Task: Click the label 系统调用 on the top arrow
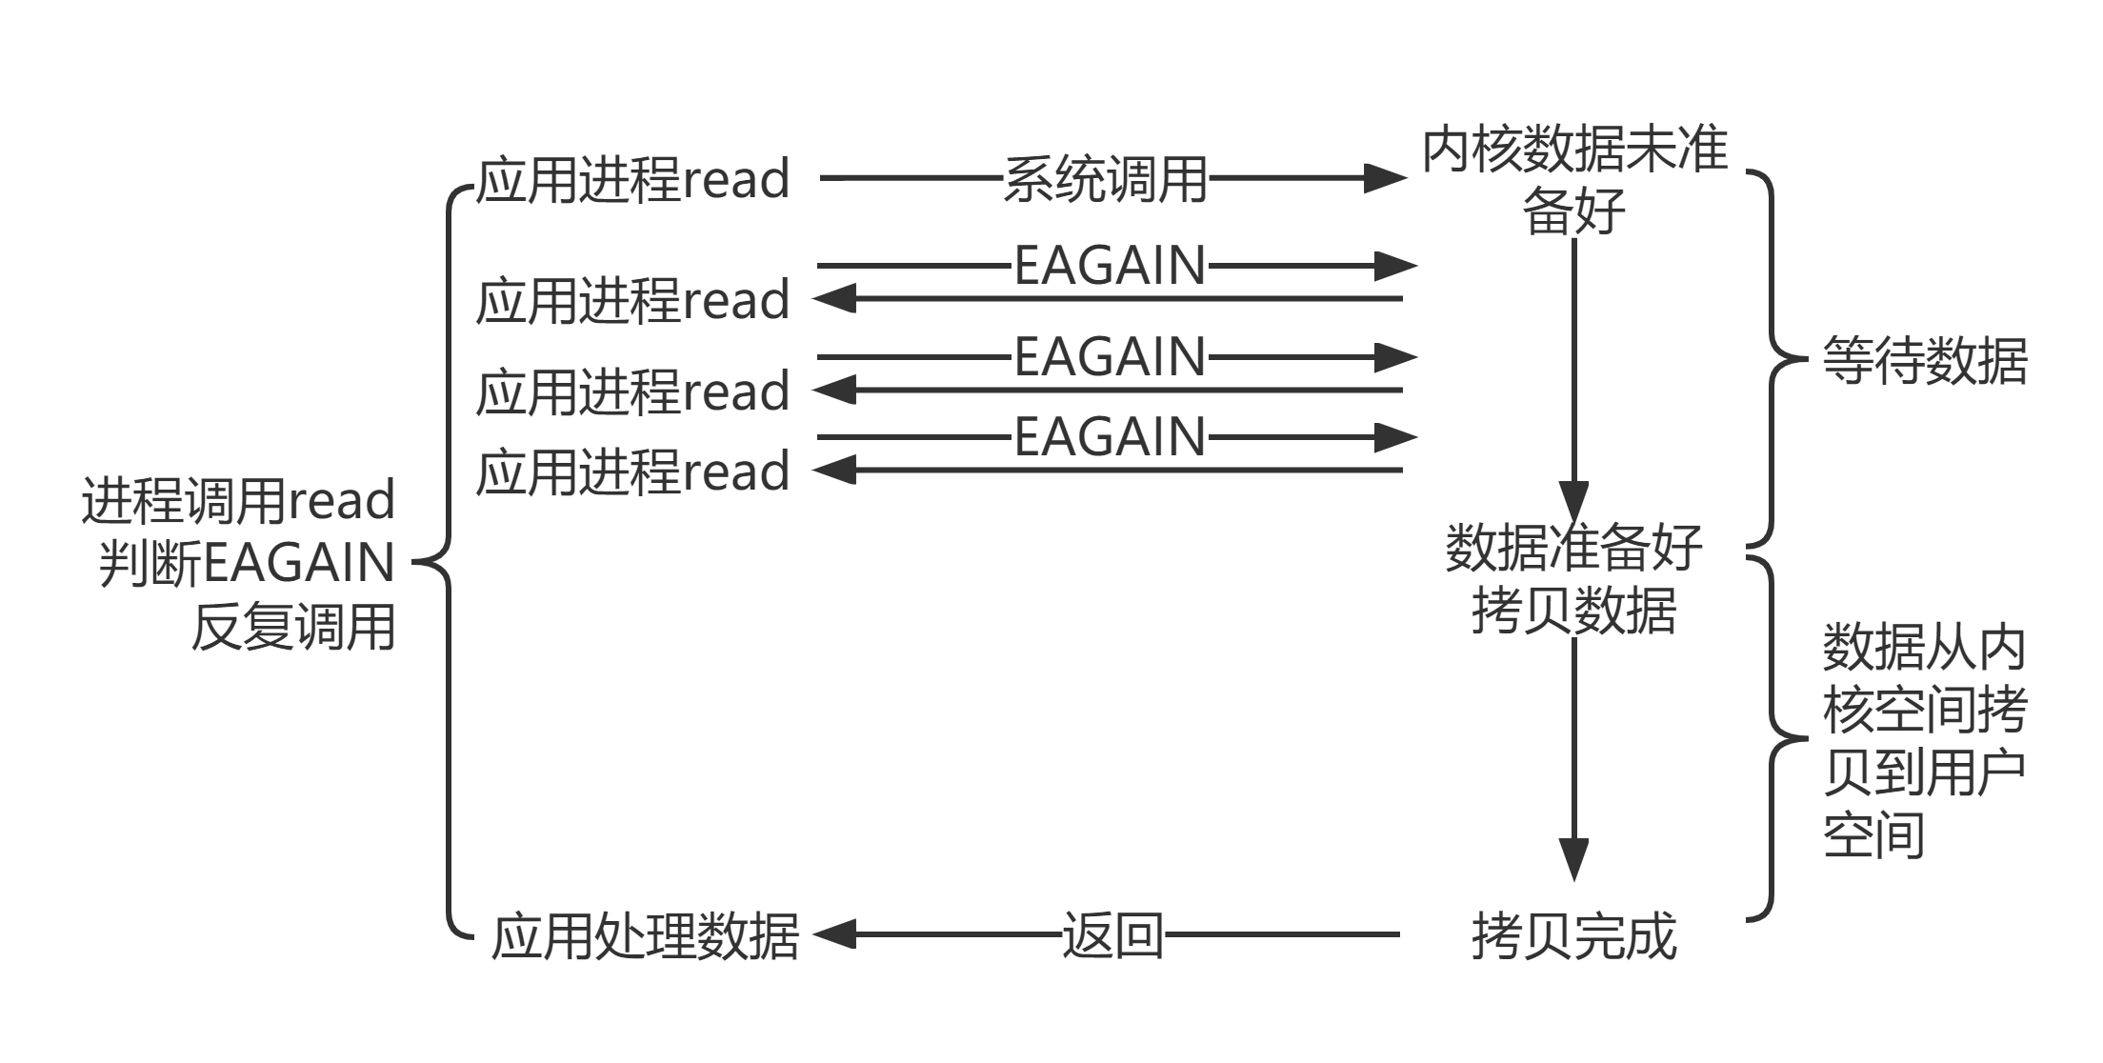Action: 1105,179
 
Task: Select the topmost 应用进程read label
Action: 632,179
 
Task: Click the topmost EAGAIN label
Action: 1110,266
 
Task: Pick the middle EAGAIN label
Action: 1110,357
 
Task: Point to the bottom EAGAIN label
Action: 1110,437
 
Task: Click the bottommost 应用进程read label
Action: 632,471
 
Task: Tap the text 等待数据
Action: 1924,361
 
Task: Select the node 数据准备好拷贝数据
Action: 1573,578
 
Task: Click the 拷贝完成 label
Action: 1573,936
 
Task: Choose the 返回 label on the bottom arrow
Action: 1112,935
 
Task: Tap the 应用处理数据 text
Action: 645,936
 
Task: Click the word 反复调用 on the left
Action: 293,628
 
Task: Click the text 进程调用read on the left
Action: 238,501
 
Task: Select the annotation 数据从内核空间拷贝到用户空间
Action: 1924,740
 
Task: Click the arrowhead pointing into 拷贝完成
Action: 1573,857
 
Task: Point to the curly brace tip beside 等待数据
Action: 1800,360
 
